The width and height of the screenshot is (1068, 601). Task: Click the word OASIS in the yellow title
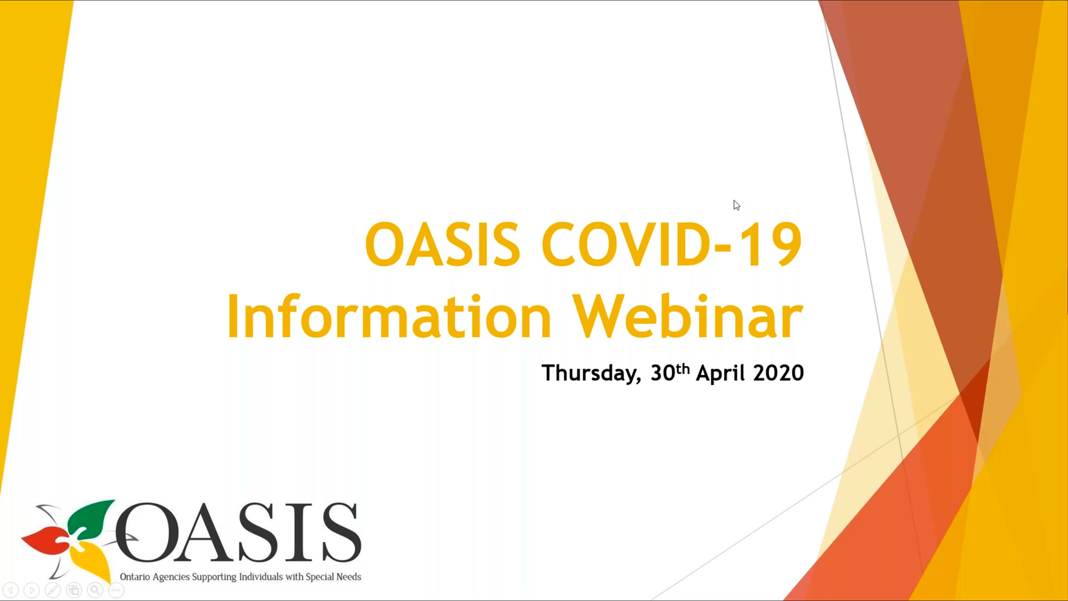pyautogui.click(x=442, y=244)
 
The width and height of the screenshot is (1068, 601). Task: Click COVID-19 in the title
pyautogui.click(x=672, y=244)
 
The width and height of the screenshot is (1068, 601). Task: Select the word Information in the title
pyautogui.click(x=389, y=316)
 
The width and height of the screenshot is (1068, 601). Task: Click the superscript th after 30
pyautogui.click(x=683, y=369)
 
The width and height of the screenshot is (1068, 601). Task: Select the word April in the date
pyautogui.click(x=720, y=373)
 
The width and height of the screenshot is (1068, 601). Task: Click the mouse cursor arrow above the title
pyautogui.click(x=736, y=205)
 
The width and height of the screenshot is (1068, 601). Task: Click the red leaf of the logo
pyautogui.click(x=46, y=541)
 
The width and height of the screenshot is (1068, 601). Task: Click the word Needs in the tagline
pyautogui.click(x=349, y=577)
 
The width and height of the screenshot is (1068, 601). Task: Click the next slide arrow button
pyautogui.click(x=32, y=590)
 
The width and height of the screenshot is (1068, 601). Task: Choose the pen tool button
pyautogui.click(x=53, y=590)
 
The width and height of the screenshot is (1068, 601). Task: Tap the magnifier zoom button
pyautogui.click(x=95, y=590)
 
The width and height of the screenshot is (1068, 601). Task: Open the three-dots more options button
pyautogui.click(x=116, y=590)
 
